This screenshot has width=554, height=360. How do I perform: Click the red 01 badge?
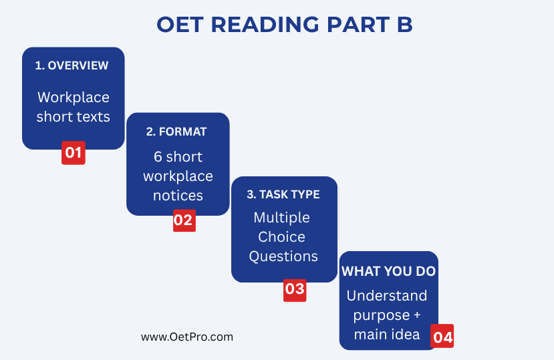(x=74, y=153)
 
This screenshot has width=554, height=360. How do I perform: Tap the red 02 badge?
(x=184, y=220)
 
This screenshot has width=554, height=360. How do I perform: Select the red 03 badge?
(x=295, y=290)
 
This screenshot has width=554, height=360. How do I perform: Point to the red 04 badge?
(x=442, y=336)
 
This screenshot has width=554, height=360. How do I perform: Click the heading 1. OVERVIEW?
(x=72, y=65)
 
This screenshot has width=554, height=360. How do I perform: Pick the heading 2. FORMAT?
(x=176, y=132)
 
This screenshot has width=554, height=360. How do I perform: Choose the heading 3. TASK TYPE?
(x=283, y=194)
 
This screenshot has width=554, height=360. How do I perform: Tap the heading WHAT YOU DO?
(x=388, y=271)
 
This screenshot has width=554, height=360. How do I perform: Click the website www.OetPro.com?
(x=187, y=337)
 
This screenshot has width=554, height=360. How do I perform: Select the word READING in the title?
(x=265, y=25)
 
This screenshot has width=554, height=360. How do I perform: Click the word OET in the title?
(x=180, y=25)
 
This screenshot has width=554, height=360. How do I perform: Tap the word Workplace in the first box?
(x=74, y=98)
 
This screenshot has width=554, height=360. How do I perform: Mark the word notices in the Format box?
(x=178, y=196)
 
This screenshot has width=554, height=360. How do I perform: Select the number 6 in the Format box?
(x=158, y=157)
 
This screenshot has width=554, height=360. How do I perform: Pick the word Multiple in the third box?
(x=281, y=218)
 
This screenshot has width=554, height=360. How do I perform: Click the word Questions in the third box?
(x=283, y=256)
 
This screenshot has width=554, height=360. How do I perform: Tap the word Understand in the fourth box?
(x=387, y=296)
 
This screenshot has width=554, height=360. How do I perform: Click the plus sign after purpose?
(x=417, y=315)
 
